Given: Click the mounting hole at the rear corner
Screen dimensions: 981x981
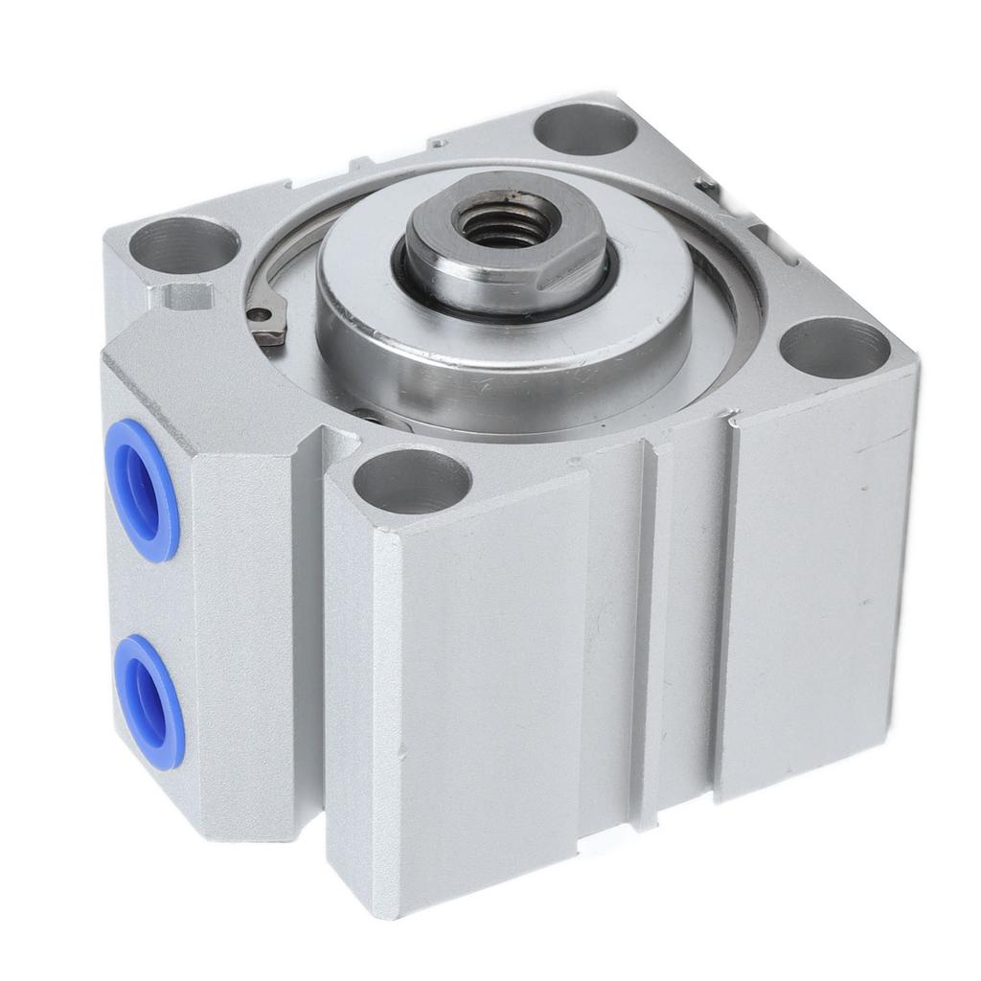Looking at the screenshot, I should [x=584, y=128].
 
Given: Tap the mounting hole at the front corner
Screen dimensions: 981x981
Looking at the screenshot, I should [x=411, y=480].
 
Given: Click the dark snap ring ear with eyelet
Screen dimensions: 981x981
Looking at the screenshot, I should [x=267, y=323].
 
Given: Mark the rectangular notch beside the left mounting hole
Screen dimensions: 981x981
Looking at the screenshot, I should [x=186, y=295].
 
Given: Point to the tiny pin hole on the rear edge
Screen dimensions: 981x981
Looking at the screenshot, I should [x=439, y=144].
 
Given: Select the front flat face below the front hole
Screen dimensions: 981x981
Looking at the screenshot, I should [x=479, y=690].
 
